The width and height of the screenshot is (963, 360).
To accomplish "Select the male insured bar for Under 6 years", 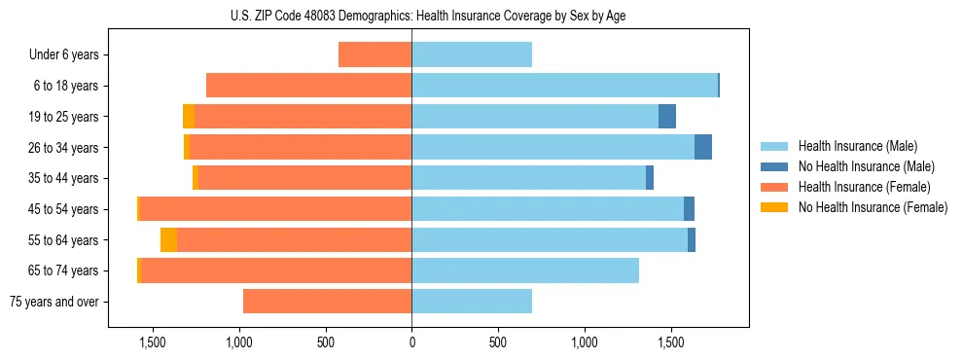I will pyautogui.click(x=472, y=54).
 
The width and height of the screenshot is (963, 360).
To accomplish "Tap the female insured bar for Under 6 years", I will pyautogui.click(x=374, y=54).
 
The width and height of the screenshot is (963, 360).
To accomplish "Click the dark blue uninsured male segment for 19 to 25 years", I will pyautogui.click(x=666, y=117).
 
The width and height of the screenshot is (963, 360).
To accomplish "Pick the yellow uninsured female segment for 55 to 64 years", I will pyautogui.click(x=168, y=240).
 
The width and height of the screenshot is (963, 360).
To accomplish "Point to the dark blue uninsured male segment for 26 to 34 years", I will pyautogui.click(x=702, y=147).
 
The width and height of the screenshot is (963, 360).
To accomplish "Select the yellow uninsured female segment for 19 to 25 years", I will pyautogui.click(x=189, y=117).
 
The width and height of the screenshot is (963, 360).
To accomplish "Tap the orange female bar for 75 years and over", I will pyautogui.click(x=327, y=302).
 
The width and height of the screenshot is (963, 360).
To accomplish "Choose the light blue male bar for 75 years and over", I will pyautogui.click(x=472, y=302).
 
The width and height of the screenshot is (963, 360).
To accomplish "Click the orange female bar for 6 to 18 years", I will pyautogui.click(x=308, y=86).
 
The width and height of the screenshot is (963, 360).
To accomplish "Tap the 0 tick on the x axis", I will pyautogui.click(x=411, y=342).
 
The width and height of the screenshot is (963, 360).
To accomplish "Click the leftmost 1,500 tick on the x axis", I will pyautogui.click(x=153, y=342).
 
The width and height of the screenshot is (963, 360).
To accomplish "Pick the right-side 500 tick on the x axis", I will pyautogui.click(x=497, y=342).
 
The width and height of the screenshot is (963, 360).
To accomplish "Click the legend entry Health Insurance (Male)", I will pyautogui.click(x=857, y=146).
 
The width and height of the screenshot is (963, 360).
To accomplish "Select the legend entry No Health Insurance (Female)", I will pyautogui.click(x=873, y=207).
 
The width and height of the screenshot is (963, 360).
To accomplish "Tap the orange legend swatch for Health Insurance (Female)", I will pyautogui.click(x=774, y=187).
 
